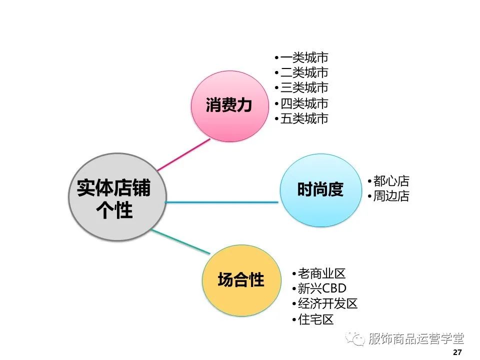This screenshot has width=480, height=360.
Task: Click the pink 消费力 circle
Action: pos(228,106)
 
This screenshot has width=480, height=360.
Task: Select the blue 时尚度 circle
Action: pos(320,190)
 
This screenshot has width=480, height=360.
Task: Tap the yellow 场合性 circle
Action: pos(240,280)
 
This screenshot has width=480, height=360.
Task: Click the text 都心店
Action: pos(390,181)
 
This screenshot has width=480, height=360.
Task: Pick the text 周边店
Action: pos(390,196)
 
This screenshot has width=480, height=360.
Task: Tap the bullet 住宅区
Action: pos(315,319)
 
